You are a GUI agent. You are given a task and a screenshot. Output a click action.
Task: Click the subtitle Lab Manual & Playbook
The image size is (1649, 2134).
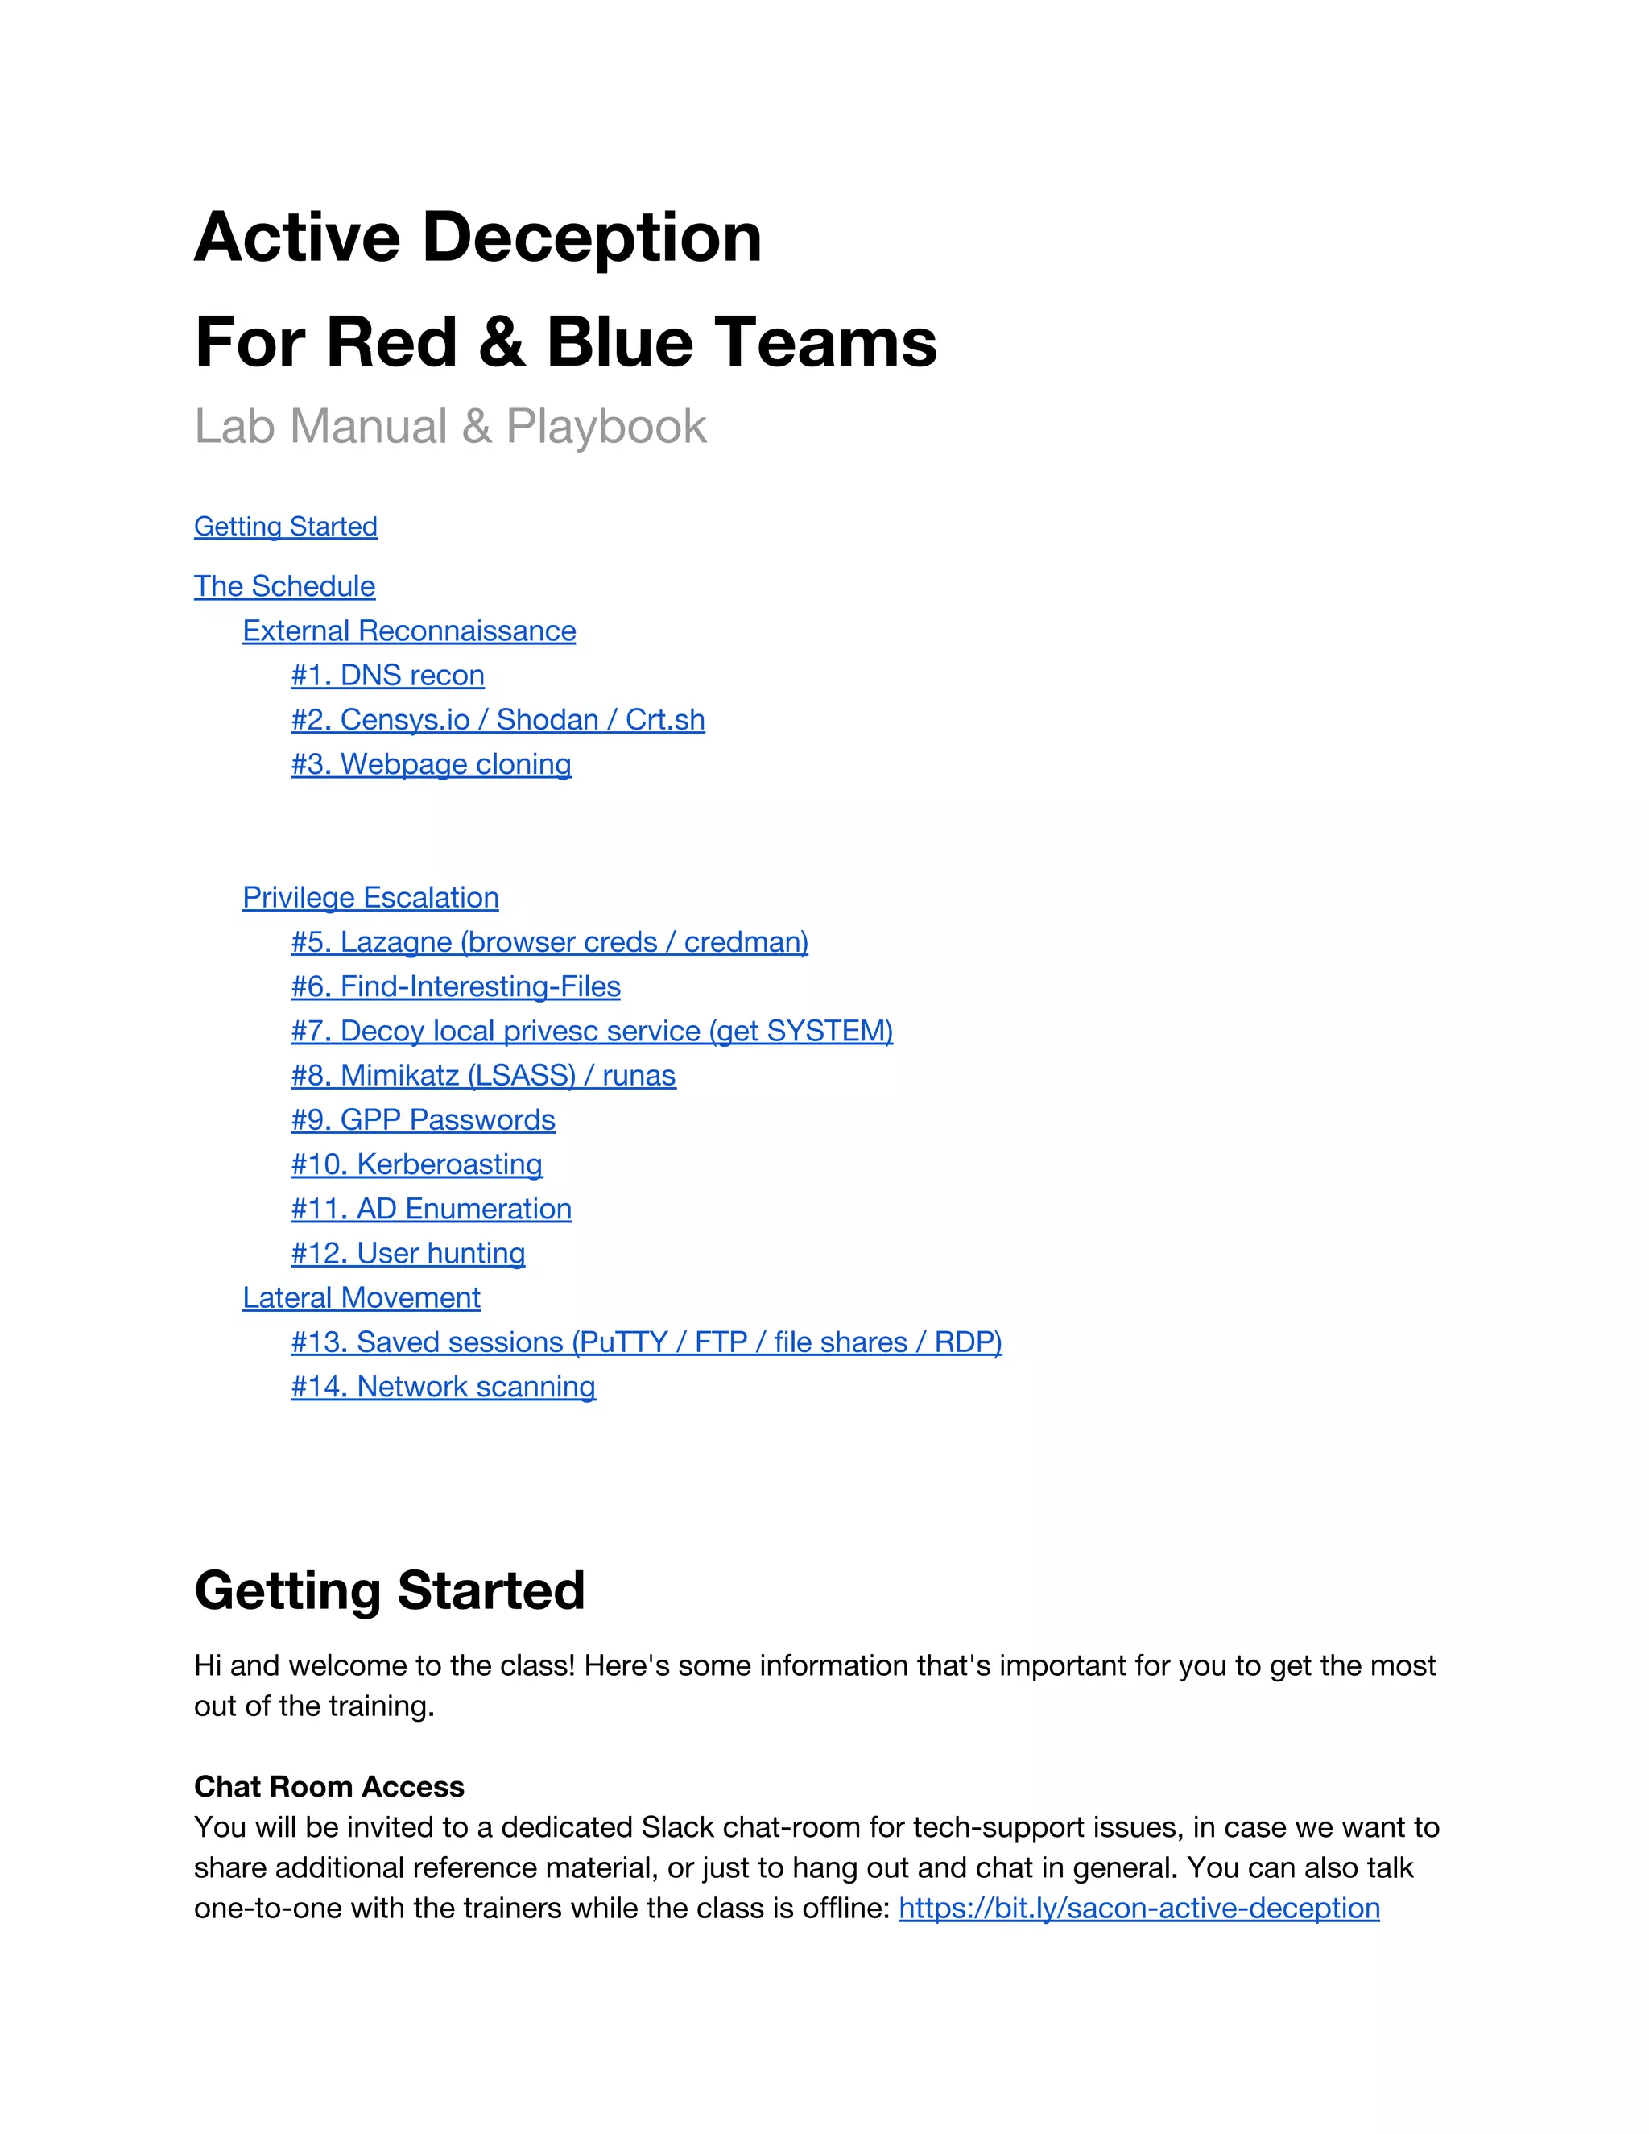[x=449, y=426]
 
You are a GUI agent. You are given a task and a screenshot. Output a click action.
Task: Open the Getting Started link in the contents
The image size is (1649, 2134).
[x=285, y=527]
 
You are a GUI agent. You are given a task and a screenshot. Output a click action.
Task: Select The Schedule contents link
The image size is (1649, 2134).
[x=284, y=586]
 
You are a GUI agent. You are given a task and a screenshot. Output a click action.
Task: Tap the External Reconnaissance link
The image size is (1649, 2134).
[x=408, y=631]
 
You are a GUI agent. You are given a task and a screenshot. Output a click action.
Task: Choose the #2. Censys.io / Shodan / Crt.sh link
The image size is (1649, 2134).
[x=498, y=720]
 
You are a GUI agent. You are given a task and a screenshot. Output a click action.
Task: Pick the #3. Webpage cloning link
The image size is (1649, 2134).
[x=431, y=764]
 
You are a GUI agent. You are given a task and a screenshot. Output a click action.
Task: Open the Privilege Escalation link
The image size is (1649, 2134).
[x=370, y=898]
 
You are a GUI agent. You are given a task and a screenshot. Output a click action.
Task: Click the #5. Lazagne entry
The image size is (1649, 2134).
[x=549, y=942]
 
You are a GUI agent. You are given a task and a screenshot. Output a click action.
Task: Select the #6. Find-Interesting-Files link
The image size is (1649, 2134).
[x=455, y=987]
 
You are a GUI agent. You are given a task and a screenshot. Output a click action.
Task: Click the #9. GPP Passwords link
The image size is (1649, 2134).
[x=423, y=1120]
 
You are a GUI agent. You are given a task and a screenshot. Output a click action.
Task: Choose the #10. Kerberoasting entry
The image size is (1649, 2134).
[x=416, y=1164]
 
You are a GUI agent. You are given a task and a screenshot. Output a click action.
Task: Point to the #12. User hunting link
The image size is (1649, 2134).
[x=407, y=1254]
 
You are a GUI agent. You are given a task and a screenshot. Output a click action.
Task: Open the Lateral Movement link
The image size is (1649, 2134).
[x=361, y=1297]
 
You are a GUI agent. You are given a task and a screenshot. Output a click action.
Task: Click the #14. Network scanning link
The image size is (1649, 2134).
[x=443, y=1387]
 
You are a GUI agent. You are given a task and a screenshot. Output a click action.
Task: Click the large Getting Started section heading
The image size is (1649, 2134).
[x=389, y=1590]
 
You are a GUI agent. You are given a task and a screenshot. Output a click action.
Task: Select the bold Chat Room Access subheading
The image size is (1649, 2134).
[x=329, y=1786]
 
